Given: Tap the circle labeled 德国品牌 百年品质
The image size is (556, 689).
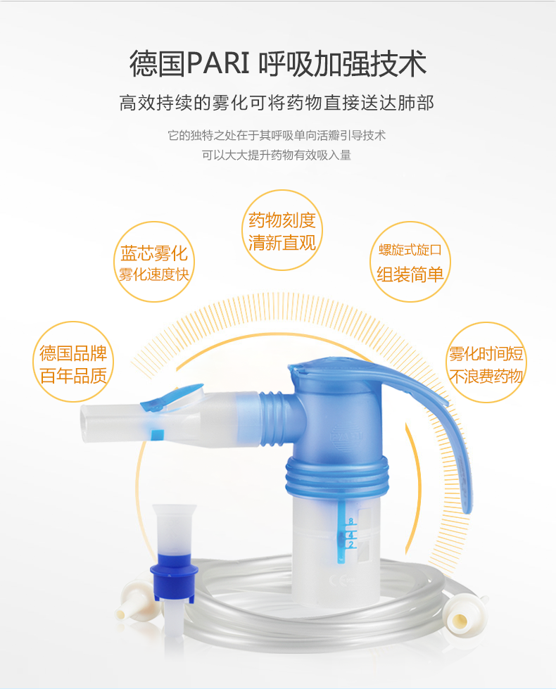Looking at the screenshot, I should point(74,364).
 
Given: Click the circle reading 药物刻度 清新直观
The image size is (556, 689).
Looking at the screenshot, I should point(282,232).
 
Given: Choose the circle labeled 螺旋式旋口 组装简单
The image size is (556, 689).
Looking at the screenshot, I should point(410,262).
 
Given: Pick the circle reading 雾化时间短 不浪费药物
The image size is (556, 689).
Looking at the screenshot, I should point(486,364).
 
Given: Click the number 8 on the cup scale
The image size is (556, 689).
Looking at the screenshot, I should point(350,522).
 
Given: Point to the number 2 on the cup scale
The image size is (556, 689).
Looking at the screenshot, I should point(350,544).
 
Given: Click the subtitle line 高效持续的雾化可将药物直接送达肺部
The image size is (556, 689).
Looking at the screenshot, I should point(277,103).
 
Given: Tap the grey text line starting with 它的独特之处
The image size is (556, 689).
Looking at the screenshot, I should point(277,135).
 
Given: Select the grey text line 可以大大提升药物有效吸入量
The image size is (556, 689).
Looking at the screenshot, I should point(277,155).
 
